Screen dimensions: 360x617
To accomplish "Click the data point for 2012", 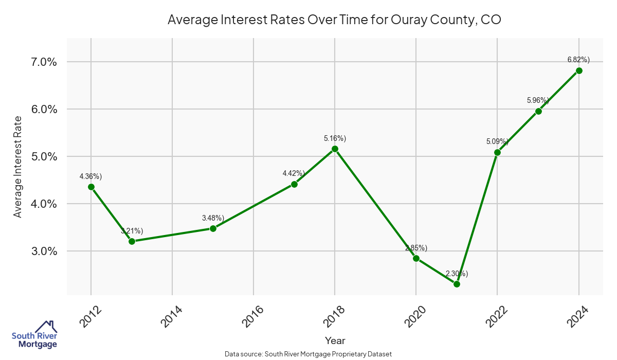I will point(91,187).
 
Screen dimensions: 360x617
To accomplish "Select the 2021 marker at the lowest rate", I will point(457,284).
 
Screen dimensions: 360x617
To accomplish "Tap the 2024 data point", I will point(579,70).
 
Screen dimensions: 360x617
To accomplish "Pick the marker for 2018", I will point(335,149).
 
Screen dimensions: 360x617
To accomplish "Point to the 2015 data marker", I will point(213,228).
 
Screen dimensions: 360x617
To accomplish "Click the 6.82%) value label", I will point(578,60).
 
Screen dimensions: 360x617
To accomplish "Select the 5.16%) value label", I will point(335,138).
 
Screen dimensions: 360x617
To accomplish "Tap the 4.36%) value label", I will point(90,176).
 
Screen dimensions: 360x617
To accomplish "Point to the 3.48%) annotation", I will point(213,218).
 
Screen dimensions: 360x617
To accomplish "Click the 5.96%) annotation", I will point(538,100).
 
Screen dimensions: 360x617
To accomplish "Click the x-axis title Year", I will point(335,340).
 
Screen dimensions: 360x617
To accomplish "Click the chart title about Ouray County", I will point(334,20).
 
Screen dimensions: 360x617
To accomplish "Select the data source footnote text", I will point(308,354).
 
